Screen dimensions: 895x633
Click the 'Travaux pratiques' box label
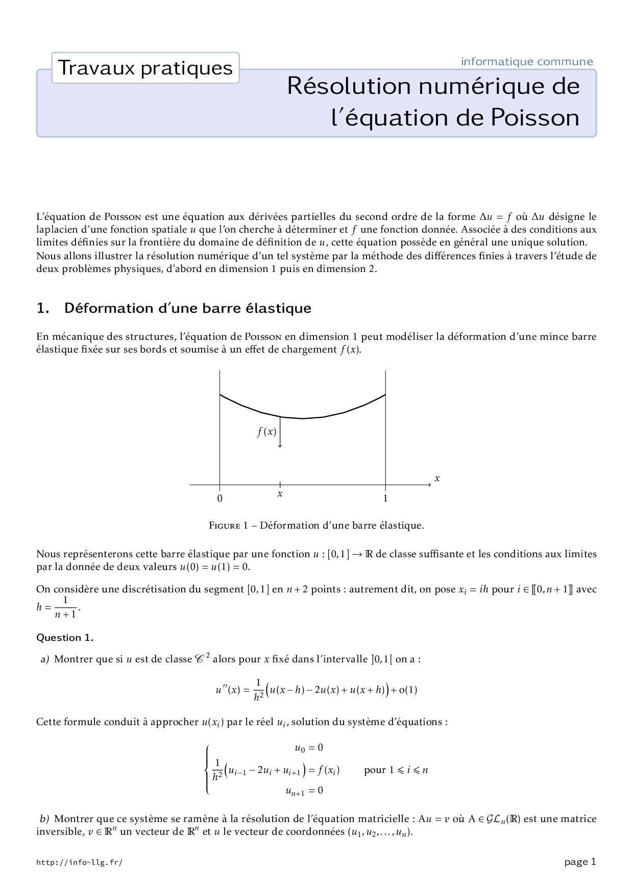[145, 68]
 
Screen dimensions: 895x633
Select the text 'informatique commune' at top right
[527, 62]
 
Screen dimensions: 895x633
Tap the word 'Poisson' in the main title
[534, 118]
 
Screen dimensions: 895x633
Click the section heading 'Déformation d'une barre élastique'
[187, 308]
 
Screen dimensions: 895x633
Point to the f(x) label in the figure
[266, 432]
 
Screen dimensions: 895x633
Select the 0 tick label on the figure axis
[220, 499]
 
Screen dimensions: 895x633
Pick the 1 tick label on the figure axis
[385, 499]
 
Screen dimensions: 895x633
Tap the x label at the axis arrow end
[437, 479]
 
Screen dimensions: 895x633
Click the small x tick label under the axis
[280, 494]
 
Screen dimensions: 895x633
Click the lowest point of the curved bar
[303, 418]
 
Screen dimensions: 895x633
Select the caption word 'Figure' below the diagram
[225, 526]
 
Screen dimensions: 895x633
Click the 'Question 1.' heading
[65, 638]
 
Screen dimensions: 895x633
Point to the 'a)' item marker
[45, 659]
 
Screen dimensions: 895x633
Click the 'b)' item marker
[45, 819]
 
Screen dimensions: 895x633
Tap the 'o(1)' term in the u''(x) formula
[408, 690]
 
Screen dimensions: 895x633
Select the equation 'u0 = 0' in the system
[309, 748]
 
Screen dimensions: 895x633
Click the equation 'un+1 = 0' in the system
[304, 791]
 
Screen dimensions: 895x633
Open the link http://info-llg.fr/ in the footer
[79, 862]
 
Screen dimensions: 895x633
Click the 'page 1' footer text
[580, 862]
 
